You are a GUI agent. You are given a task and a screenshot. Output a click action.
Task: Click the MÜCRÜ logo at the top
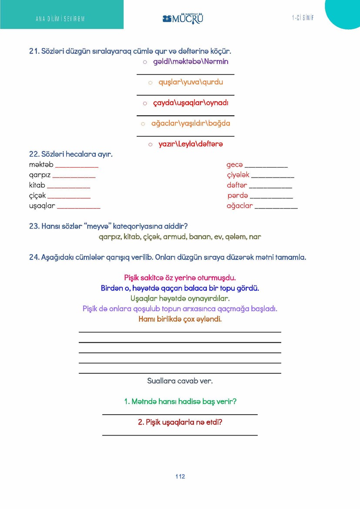183,18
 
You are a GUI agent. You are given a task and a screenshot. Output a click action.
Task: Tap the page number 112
180,476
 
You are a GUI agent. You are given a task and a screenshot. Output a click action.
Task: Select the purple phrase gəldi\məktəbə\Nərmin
191,62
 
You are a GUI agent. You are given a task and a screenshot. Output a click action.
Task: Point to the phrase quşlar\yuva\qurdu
191,82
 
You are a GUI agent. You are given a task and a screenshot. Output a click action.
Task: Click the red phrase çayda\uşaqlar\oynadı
191,103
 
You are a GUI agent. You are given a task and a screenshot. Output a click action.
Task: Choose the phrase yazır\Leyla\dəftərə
191,144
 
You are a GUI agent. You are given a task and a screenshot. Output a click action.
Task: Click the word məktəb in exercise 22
41,165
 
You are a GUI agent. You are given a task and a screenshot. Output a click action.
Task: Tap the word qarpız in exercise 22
40,175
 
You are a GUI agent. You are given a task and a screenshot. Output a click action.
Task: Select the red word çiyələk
238,175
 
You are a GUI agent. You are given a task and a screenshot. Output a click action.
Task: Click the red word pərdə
237,195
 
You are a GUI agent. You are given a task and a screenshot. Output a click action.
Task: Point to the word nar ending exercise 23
256,237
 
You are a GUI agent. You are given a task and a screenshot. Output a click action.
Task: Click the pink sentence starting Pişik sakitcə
180,278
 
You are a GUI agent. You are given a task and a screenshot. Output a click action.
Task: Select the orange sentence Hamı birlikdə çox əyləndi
180,319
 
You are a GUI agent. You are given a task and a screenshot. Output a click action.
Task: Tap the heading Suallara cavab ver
180,381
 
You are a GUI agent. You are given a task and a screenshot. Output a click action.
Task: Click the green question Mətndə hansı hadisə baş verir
180,402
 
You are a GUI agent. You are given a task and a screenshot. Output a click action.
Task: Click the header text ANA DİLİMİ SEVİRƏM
60,19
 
